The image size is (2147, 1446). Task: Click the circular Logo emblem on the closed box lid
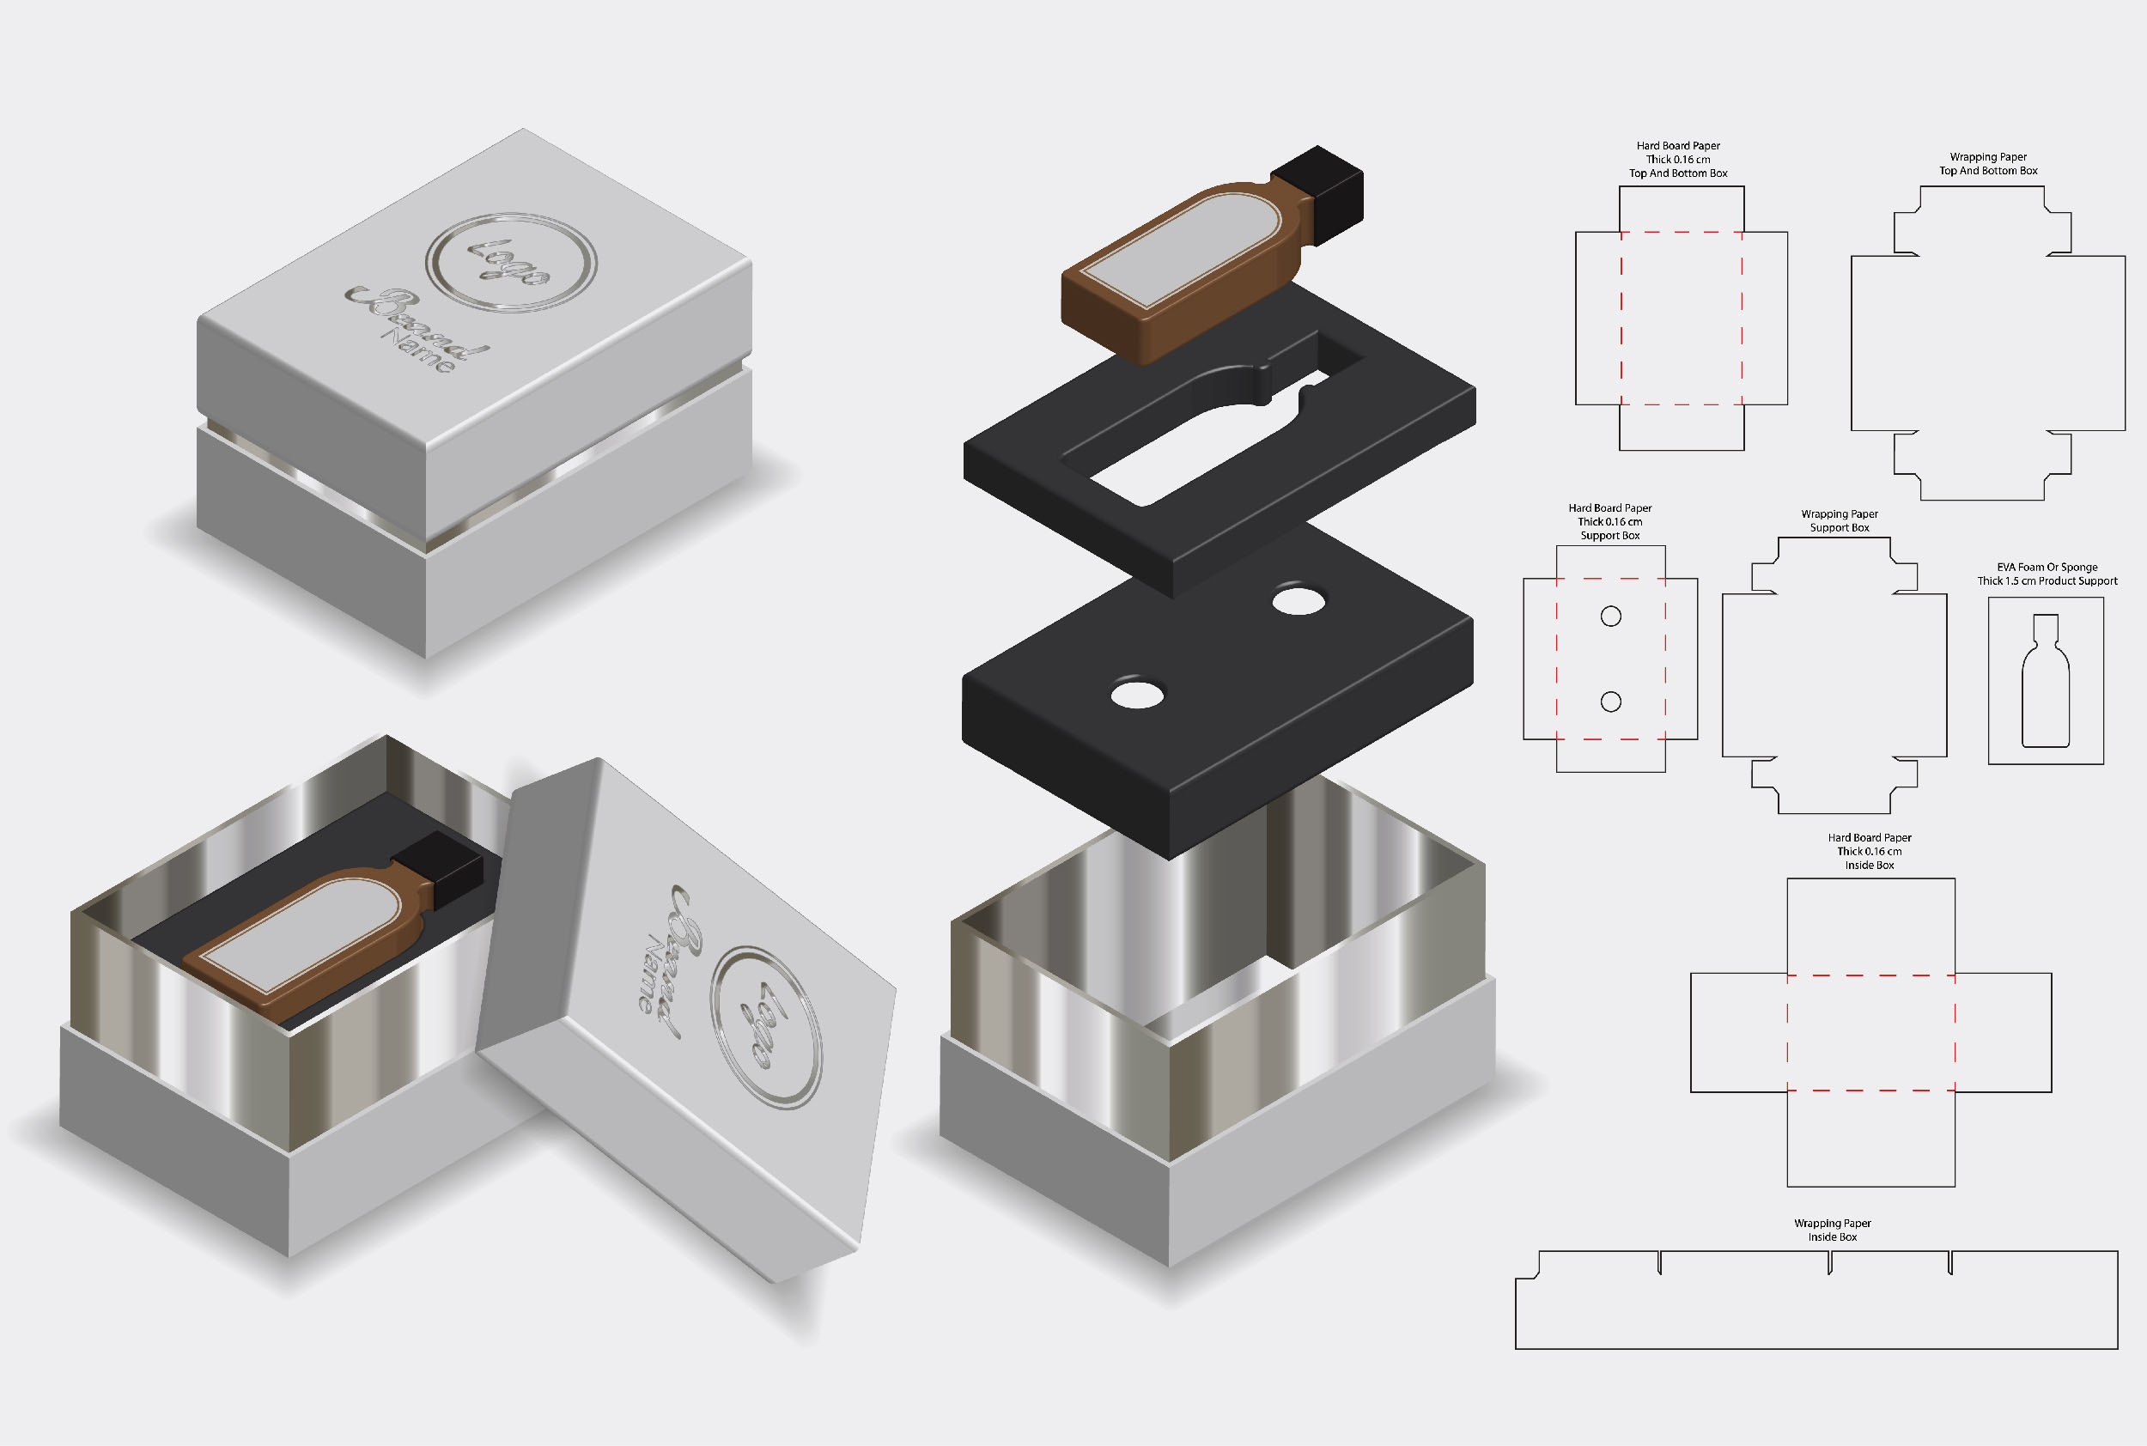point(511,263)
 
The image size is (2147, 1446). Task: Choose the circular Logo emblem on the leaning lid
point(765,1027)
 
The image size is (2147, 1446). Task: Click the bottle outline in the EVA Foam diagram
point(2046,681)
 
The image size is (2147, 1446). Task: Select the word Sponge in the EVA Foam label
point(2079,567)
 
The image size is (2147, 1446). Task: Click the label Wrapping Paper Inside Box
point(1833,1230)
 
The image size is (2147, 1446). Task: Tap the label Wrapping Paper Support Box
point(1839,521)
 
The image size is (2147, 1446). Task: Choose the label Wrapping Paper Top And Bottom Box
point(1988,164)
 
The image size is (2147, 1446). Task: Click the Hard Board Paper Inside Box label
point(1870,851)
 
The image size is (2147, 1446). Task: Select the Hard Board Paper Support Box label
point(1610,522)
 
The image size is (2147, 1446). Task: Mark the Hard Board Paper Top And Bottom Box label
point(1678,160)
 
